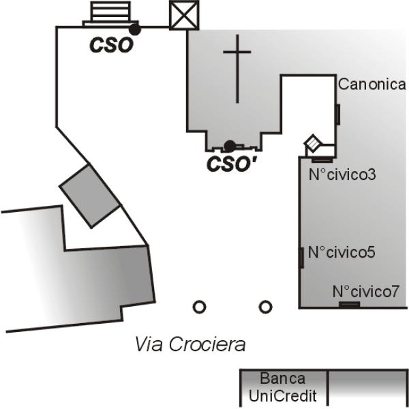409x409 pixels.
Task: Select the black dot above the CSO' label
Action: [230, 145]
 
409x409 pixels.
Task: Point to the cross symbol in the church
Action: [237, 68]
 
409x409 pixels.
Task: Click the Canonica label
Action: [372, 85]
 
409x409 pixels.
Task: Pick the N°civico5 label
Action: [342, 252]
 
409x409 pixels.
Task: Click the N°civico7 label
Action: [366, 292]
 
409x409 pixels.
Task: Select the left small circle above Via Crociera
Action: [199, 307]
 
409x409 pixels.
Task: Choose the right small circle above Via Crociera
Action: [265, 307]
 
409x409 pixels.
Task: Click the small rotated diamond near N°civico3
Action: [313, 144]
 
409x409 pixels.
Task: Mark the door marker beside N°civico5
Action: [301, 258]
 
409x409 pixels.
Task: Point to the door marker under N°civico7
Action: [349, 304]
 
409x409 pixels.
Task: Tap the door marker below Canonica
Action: [337, 114]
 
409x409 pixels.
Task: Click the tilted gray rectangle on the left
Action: [89, 195]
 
